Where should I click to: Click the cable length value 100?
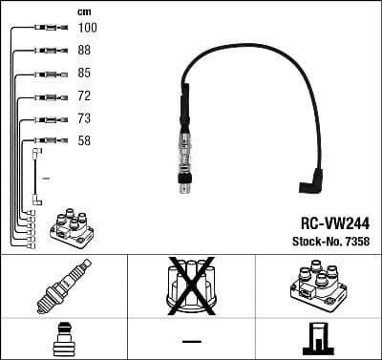87,28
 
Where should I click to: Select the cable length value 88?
84,51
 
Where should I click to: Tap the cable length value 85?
84,74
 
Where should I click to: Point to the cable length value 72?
84,96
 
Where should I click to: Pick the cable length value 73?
84,119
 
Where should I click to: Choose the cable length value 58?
84,141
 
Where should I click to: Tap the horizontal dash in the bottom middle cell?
191,341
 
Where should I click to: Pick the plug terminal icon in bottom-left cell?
63,338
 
